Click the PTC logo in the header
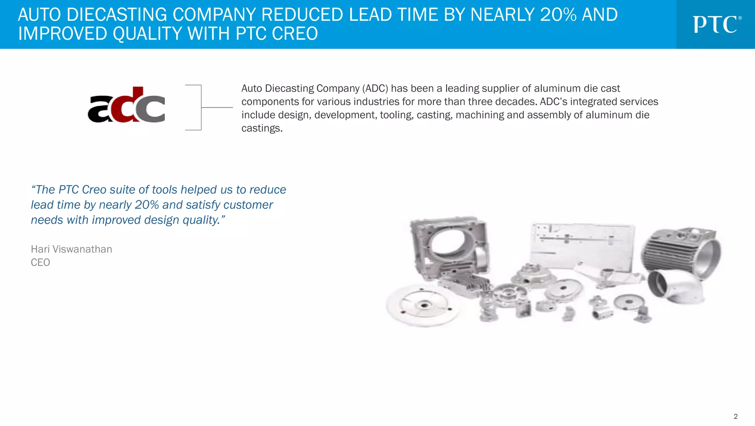(717, 24)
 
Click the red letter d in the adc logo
(127, 105)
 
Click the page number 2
(735, 416)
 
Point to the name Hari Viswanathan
(71, 249)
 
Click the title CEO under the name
(40, 263)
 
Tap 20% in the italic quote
(147, 205)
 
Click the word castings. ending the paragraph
(262, 128)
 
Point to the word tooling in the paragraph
(396, 115)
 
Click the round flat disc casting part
(423, 305)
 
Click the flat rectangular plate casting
(582, 245)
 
